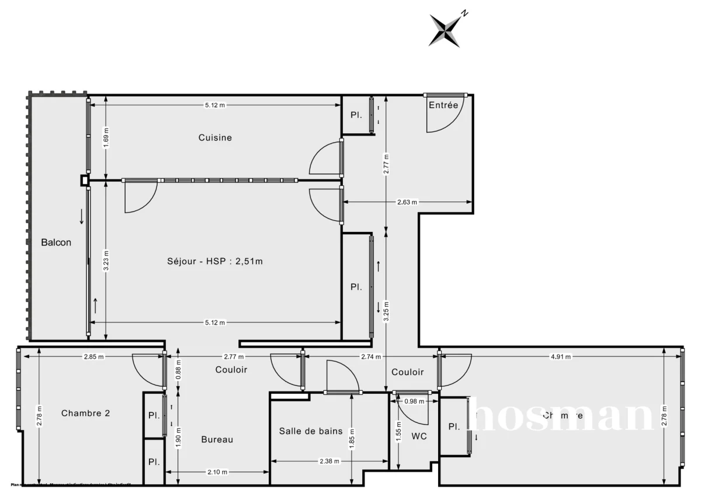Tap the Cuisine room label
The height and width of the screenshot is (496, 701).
point(215,138)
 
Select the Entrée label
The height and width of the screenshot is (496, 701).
point(443,105)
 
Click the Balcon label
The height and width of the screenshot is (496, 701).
point(56,242)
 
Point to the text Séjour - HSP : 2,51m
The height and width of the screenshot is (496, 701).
point(215,261)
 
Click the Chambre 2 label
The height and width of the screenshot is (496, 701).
point(86,413)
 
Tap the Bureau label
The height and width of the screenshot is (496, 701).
point(217,439)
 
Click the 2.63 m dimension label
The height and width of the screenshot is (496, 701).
point(407,202)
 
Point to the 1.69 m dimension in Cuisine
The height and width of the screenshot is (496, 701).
point(106,138)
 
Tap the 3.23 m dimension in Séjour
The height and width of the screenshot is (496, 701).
point(106,260)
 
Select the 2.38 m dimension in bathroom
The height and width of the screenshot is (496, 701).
point(329,461)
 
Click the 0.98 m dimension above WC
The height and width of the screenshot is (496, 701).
point(414,401)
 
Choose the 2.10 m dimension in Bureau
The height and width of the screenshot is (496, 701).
point(216,472)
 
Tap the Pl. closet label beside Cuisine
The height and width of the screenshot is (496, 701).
point(356,115)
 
